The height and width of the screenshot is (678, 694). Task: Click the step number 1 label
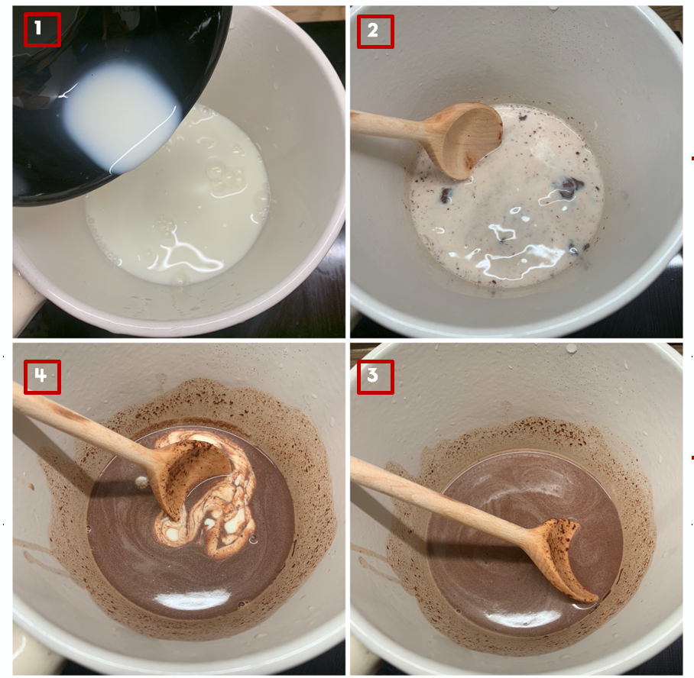tap(42, 30)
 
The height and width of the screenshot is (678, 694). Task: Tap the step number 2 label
tap(375, 31)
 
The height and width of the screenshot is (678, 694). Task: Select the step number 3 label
tap(375, 377)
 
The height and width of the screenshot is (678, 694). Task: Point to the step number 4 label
tap(42, 377)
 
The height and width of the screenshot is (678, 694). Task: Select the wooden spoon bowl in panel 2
tap(469, 139)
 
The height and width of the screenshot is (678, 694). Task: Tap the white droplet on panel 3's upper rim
tap(572, 348)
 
